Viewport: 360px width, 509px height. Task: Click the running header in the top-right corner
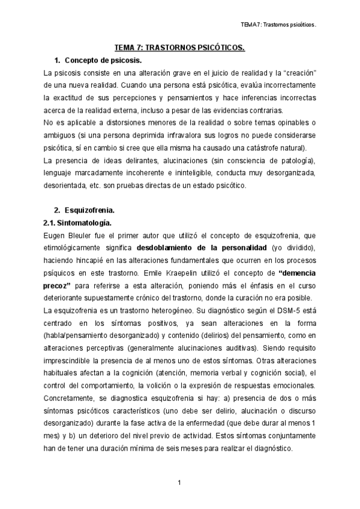coord(278,25)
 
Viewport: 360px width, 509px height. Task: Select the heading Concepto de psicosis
coord(103,61)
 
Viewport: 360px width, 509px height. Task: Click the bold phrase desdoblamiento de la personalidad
coord(184,247)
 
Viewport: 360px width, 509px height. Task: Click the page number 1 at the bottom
coord(180,483)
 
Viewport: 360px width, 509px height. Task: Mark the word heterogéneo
coord(168,310)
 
